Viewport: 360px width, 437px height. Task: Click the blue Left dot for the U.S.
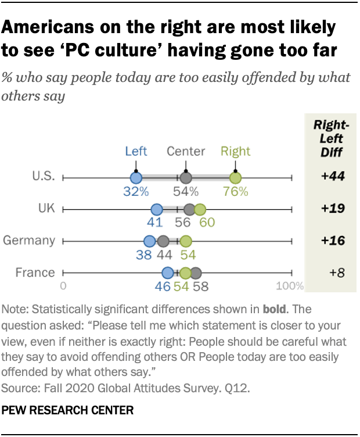tap(136, 178)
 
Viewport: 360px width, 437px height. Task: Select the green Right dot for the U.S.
tap(235, 178)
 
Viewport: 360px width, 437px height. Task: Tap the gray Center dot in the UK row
tap(189, 209)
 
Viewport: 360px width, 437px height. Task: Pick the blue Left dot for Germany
tap(149, 241)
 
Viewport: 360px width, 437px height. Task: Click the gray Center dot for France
tap(196, 273)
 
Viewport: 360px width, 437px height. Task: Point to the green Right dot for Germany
tap(185, 241)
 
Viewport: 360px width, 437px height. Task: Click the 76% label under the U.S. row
tap(235, 192)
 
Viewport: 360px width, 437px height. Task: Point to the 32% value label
tap(136, 192)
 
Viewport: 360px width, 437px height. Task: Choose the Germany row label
tap(29, 241)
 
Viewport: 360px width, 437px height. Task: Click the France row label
tap(35, 272)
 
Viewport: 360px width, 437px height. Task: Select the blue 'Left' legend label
tap(136, 152)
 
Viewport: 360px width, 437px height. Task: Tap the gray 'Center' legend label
tap(186, 152)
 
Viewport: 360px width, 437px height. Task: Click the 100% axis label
tap(289, 286)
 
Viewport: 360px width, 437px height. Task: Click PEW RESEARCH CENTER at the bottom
tap(68, 410)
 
